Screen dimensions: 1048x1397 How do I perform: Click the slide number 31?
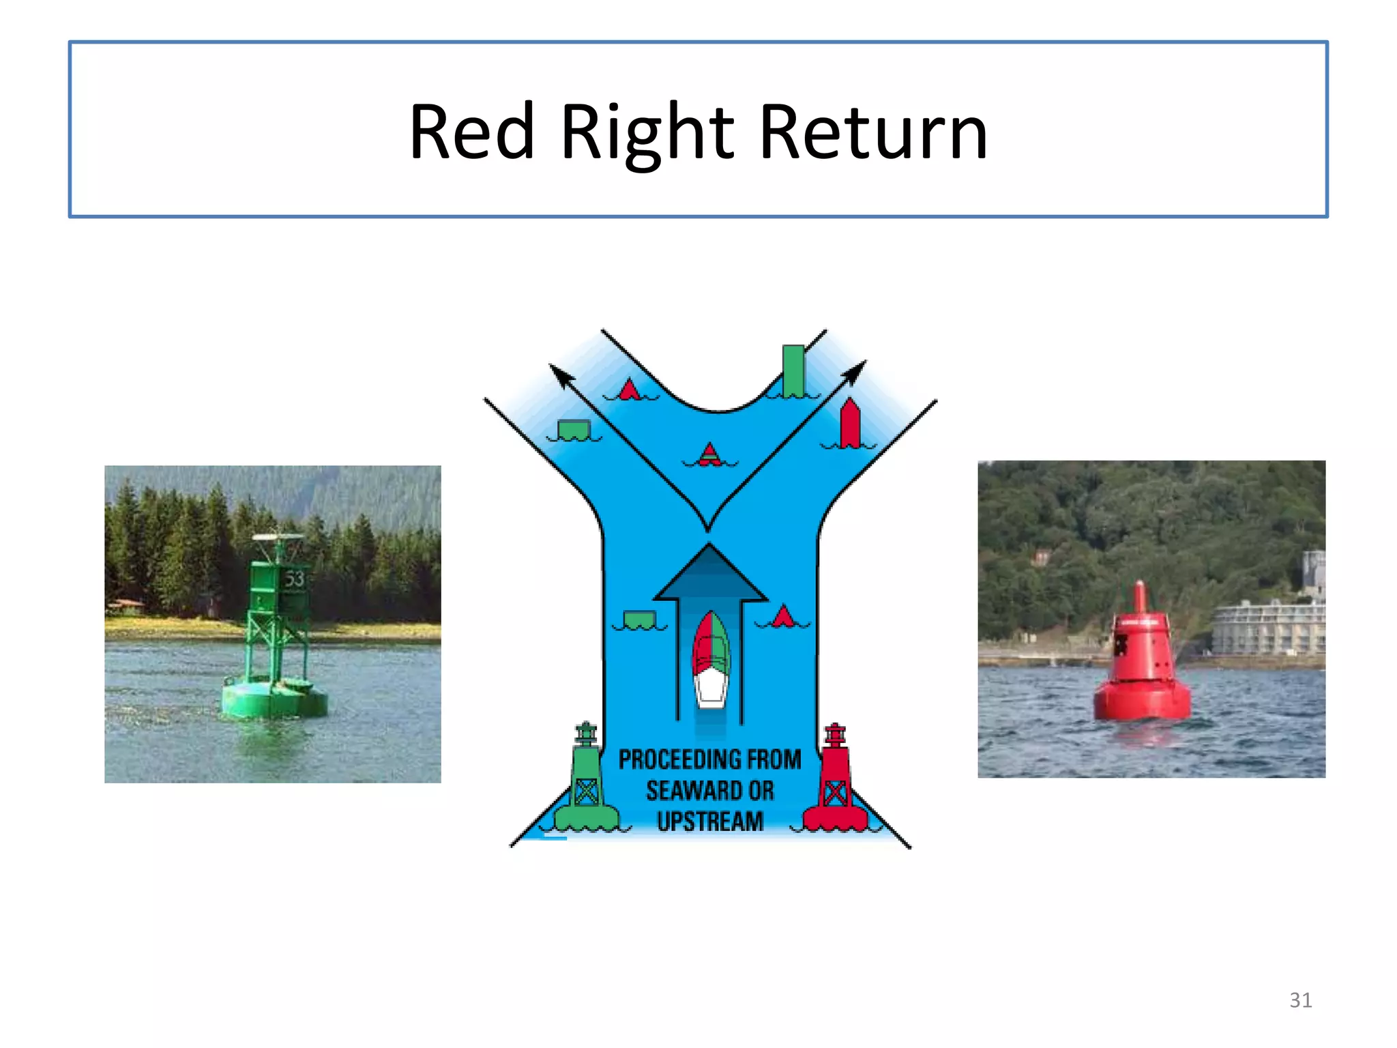tap(1300, 1000)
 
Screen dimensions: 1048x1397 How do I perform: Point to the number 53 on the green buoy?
tap(294, 579)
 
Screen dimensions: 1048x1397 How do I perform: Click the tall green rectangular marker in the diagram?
tap(793, 370)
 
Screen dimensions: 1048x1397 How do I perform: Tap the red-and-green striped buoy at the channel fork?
tap(710, 454)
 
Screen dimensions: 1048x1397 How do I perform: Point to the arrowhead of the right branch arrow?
tap(855, 370)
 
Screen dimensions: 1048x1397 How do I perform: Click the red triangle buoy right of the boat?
tap(783, 616)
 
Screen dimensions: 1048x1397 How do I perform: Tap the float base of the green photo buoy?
tap(274, 699)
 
